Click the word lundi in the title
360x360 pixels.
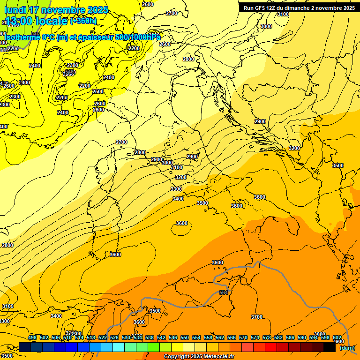pyautogui.click(x=15, y=10)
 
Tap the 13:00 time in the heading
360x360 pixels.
pyautogui.click(x=20, y=21)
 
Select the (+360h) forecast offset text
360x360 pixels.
pyautogui.click(x=83, y=21)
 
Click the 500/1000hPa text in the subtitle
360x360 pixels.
pyautogui.click(x=138, y=37)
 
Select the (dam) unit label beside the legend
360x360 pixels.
pyautogui.click(x=347, y=347)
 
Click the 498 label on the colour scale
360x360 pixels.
pyautogui.click(x=32, y=337)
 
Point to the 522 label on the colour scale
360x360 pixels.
pyautogui.click(x=103, y=337)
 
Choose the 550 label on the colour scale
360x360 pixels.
pyautogui.click(x=185, y=337)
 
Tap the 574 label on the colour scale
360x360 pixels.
pyautogui.click(x=255, y=337)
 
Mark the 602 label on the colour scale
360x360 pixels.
pyautogui.click(x=337, y=337)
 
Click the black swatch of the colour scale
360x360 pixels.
pyautogui.click(x=329, y=347)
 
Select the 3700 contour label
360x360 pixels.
pyautogui.click(x=256, y=317)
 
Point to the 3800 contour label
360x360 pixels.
pyautogui.click(x=320, y=334)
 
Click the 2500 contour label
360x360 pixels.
pyautogui.click(x=98, y=91)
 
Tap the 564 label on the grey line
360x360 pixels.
pyautogui.click(x=223, y=293)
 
